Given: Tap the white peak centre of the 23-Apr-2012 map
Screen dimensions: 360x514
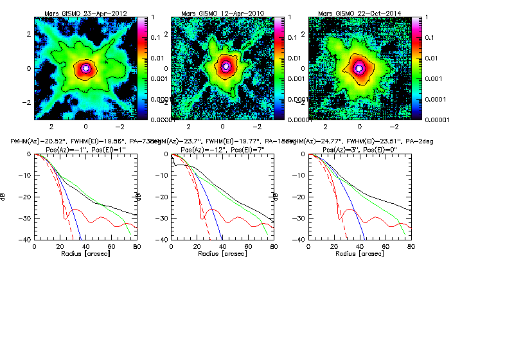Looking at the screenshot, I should click(85, 67).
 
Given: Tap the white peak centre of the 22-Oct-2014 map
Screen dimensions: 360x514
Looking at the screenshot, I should click(359, 67).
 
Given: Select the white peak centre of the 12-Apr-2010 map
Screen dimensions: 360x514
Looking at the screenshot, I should click(225, 66).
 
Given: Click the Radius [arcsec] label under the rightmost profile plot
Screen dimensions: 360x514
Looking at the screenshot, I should click(360, 255).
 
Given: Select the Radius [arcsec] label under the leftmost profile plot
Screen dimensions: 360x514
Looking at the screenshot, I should click(85, 255).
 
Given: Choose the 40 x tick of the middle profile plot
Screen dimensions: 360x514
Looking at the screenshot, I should click(222, 247).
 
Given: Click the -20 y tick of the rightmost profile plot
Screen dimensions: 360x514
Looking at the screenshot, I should click(299, 197).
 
